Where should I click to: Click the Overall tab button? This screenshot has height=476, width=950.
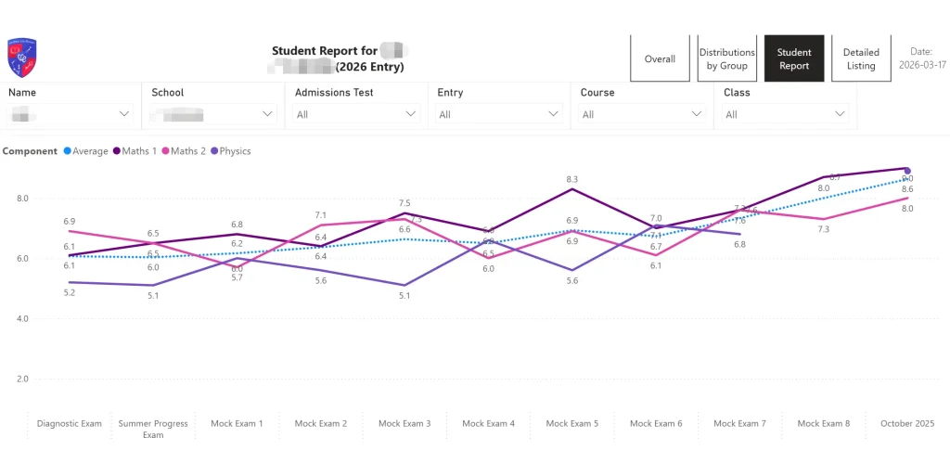point(660,59)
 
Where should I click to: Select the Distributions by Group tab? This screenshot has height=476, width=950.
point(726,59)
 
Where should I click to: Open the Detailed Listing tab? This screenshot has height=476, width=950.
point(861,59)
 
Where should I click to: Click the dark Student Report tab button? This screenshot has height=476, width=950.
point(794,59)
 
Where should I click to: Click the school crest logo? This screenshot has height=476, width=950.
point(21,57)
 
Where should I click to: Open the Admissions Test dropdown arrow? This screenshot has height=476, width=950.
point(411,114)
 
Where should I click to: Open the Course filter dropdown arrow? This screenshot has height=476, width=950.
point(697,114)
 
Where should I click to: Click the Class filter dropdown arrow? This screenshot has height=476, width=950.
point(840,114)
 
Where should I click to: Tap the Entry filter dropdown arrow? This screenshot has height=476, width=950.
point(554,114)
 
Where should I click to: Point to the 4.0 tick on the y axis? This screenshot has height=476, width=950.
point(22,318)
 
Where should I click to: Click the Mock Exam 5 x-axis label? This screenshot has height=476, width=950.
point(571,424)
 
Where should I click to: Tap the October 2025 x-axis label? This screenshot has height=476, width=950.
point(906,424)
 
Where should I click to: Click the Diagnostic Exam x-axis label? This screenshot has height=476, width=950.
point(70,424)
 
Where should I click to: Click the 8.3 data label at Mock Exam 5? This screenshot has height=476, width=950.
point(571,179)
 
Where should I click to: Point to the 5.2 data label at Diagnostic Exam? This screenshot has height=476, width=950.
point(70,292)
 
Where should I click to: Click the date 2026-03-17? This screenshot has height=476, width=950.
point(921,66)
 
